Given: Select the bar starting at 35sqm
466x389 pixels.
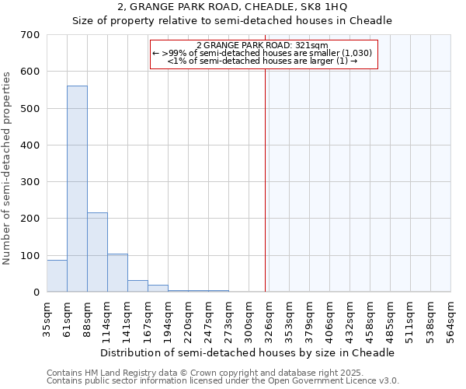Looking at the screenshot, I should tap(57, 276).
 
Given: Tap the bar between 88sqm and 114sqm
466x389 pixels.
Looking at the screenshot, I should tap(97, 252).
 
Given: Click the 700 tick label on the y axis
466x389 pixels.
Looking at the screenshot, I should tap(30, 35).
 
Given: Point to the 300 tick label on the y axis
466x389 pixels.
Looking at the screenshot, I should tap(30, 182).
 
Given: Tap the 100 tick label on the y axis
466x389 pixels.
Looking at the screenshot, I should tap(30, 255).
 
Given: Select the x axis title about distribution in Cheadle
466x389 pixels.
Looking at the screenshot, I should tap(249, 352).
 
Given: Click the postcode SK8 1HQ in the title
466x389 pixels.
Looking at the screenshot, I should tap(318, 8).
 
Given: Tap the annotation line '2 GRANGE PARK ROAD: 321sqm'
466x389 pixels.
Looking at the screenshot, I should tap(263, 45).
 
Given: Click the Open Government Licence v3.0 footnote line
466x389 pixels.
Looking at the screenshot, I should tap(223, 381).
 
